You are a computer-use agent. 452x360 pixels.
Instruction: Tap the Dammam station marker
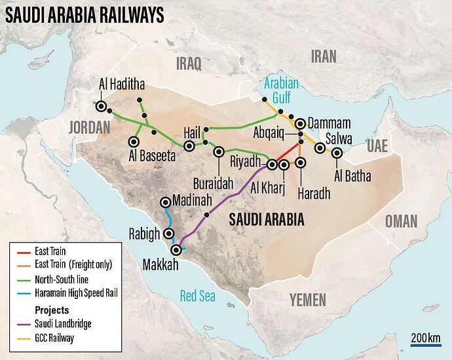[300, 123]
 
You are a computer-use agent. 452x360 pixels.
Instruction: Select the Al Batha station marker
[337, 153]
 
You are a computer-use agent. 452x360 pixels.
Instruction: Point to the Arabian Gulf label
[281, 90]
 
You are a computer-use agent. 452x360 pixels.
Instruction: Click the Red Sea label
[198, 296]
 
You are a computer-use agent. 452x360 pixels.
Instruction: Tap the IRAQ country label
[189, 63]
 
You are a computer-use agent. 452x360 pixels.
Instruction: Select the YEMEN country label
[307, 300]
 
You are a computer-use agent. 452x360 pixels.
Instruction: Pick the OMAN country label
[400, 222]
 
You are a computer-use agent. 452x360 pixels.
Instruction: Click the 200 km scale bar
[426, 344]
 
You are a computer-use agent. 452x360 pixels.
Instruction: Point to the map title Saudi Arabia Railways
[85, 16]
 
